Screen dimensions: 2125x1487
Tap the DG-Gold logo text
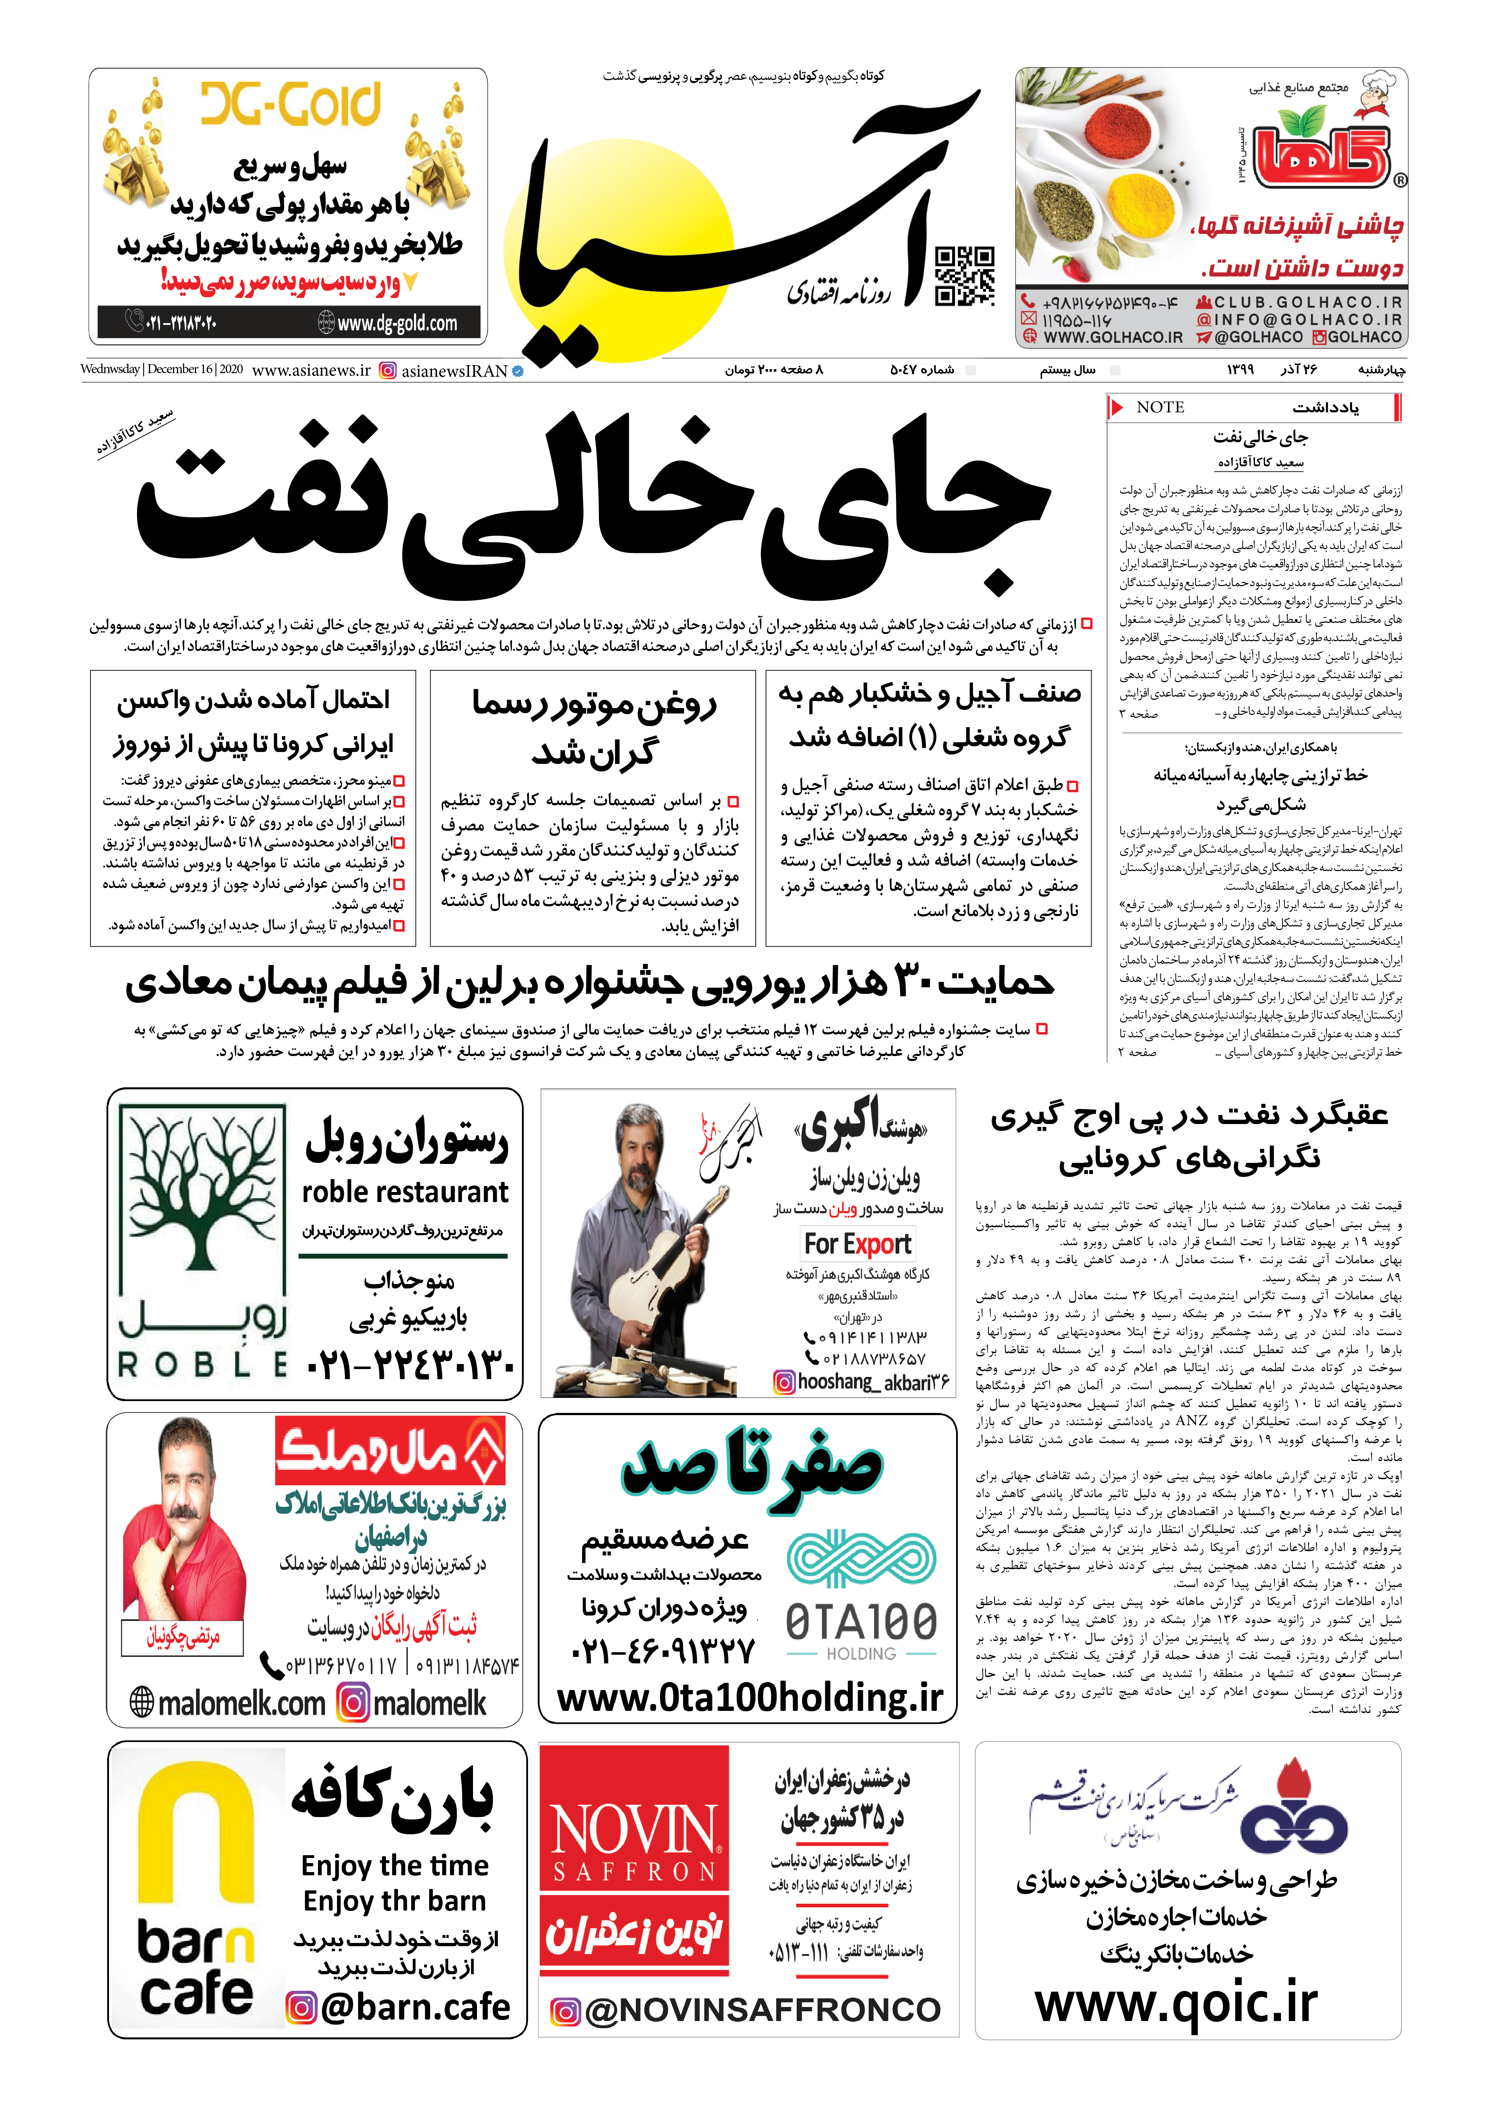290,104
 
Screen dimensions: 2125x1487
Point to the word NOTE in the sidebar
1160,407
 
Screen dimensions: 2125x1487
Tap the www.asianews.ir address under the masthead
311,370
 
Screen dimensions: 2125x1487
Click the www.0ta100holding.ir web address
750,1696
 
